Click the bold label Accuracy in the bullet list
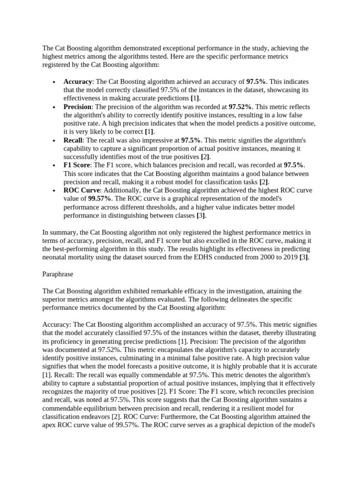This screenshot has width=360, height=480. (77, 82)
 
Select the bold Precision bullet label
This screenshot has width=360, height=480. (77, 107)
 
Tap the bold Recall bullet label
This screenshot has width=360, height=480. (73, 140)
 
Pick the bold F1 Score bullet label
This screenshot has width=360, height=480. (78, 165)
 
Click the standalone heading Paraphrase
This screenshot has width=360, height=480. (58, 274)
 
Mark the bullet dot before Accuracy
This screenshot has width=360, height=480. (55, 82)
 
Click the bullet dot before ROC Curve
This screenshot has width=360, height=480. (55, 191)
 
